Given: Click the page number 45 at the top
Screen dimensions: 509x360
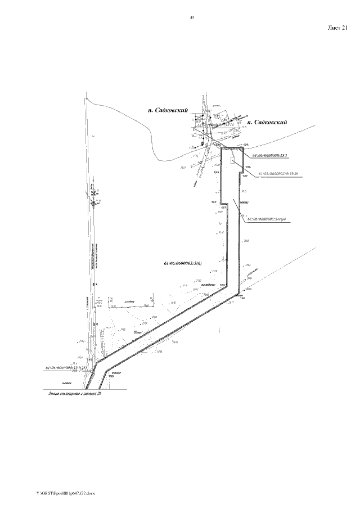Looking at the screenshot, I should click(192, 18).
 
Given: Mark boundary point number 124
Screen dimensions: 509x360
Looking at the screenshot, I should click(218, 145).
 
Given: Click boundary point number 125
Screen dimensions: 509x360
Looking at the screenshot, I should click(245, 145).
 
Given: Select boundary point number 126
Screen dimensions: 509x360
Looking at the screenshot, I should click(247, 167).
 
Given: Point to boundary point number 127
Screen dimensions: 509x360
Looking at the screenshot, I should click(245, 175).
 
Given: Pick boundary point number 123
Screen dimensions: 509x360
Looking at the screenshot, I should click(215, 172).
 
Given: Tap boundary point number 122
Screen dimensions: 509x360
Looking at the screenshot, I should click(214, 201).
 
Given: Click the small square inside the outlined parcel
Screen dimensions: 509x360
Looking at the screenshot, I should click(233, 161).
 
